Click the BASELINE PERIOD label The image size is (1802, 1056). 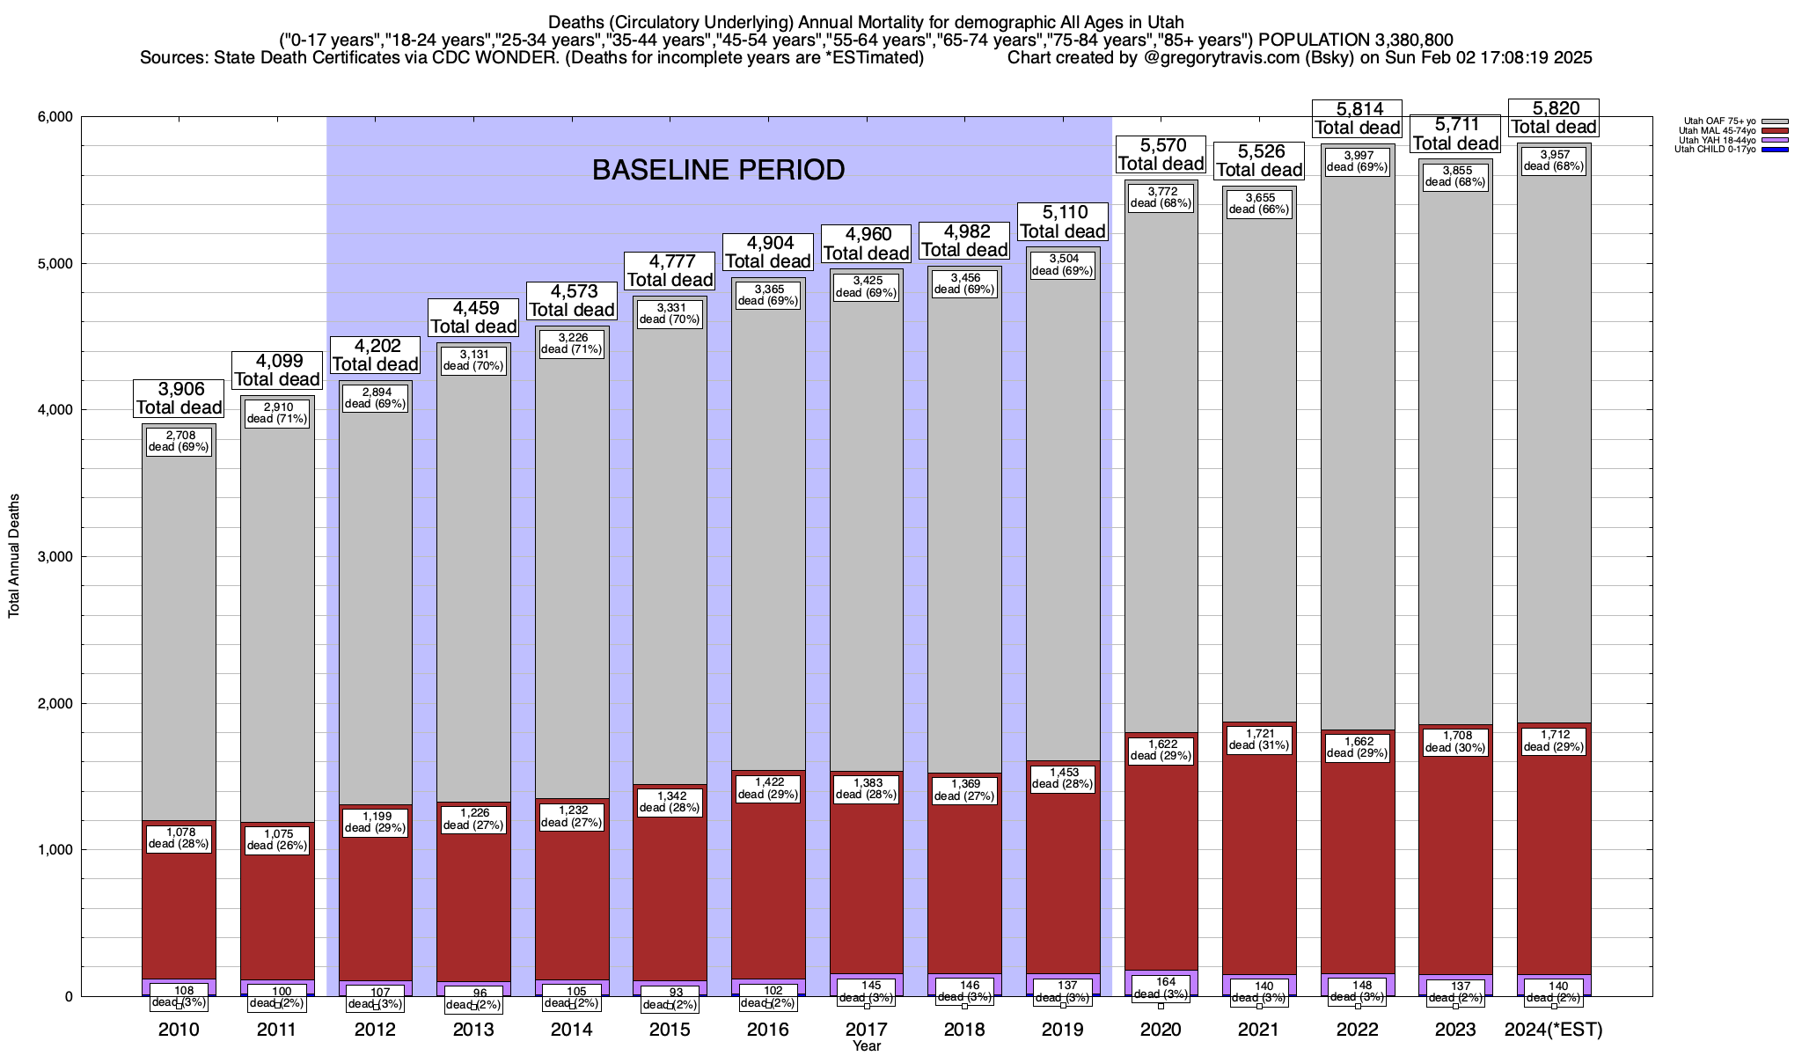click(718, 170)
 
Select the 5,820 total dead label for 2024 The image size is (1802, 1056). click(1555, 118)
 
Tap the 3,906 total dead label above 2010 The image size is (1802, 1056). click(179, 399)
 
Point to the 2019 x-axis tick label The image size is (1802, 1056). click(1063, 1030)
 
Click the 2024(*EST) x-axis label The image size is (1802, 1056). click(1554, 1030)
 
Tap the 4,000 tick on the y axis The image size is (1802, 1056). click(55, 410)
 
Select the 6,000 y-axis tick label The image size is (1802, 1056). click(55, 117)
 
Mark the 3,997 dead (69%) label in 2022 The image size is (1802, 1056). click(1358, 161)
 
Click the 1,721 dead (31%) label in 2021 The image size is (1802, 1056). click(1259, 739)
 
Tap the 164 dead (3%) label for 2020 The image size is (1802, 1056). click(1161, 988)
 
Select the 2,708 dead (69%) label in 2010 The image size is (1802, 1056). click(179, 441)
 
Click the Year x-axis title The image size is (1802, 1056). click(866, 1046)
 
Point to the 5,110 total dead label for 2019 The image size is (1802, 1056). click(1063, 222)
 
